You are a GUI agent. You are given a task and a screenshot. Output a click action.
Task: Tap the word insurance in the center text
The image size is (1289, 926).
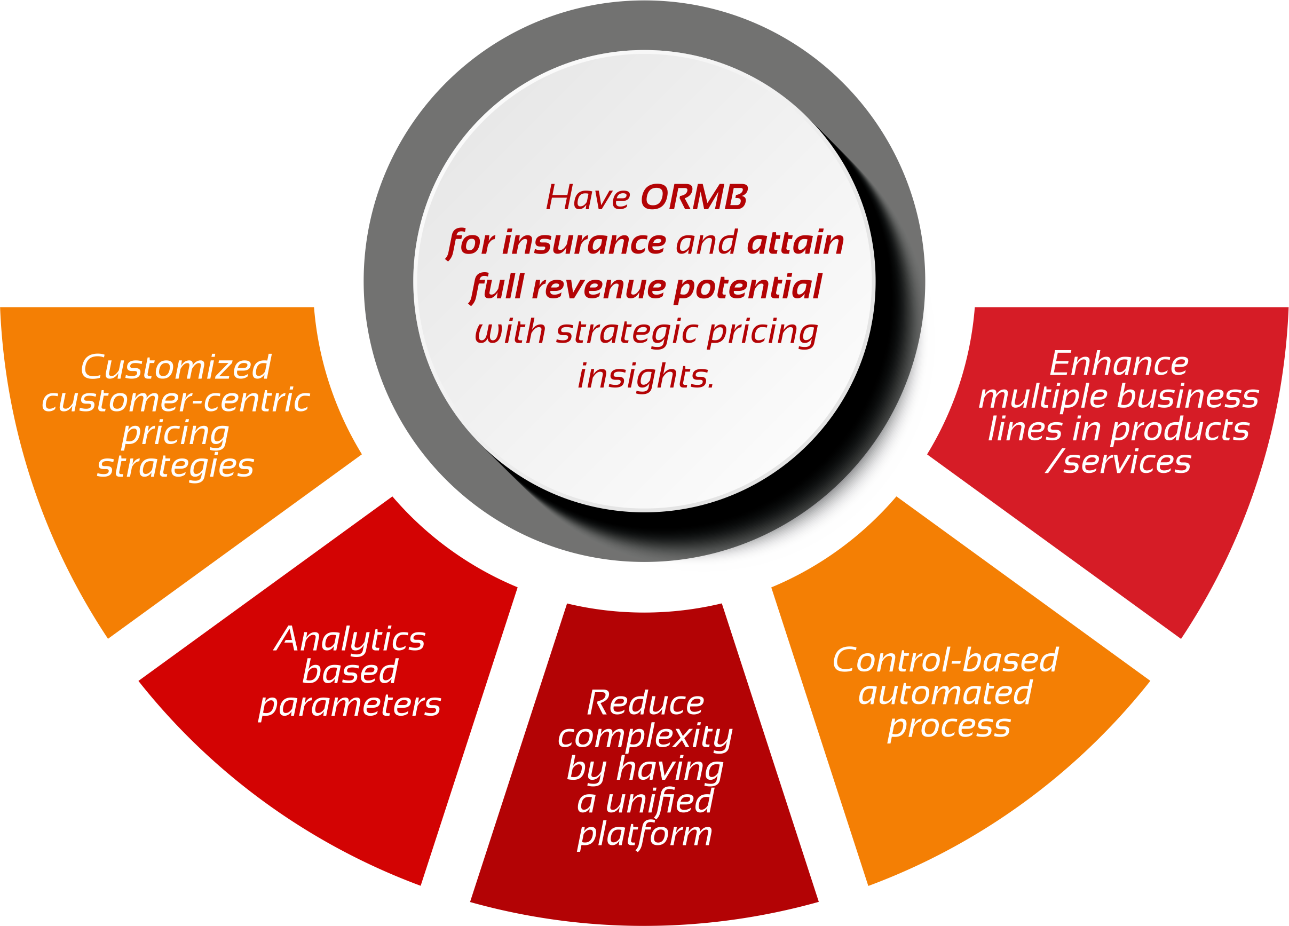coord(584,242)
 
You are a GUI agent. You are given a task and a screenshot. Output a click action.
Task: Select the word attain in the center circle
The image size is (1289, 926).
coord(795,242)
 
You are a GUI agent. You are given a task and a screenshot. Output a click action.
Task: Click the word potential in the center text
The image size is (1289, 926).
coord(748,288)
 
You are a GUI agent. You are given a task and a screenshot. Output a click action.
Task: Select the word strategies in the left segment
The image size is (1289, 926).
coord(176,466)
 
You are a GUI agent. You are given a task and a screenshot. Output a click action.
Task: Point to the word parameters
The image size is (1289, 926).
coord(350,705)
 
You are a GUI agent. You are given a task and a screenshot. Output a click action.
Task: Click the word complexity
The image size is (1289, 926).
coord(645,736)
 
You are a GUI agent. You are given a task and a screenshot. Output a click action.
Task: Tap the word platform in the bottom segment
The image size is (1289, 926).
coord(645,835)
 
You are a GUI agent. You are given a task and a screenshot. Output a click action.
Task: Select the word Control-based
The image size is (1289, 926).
coord(946,660)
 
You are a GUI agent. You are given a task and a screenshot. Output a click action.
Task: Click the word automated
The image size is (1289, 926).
coord(946,693)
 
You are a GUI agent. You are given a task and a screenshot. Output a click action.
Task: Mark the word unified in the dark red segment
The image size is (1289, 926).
coord(659,802)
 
